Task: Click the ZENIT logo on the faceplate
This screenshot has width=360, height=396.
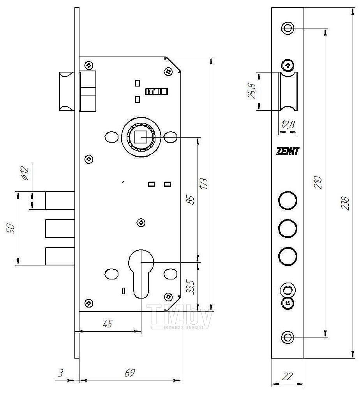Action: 287,151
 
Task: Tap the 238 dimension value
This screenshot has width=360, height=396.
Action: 345,203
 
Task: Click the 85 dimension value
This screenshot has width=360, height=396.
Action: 191,200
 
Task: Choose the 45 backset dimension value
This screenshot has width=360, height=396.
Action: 108,324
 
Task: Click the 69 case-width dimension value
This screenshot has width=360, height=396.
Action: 129,373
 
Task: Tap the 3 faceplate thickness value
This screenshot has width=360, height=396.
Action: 61,373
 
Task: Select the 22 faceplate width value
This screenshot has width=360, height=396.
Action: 287,377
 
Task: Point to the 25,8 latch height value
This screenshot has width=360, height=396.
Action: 252,91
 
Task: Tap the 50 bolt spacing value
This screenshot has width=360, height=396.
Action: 12,228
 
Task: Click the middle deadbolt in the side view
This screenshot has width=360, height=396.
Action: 60,228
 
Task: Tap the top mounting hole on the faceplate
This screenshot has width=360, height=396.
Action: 287,28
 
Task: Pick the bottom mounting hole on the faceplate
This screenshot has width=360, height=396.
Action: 287,337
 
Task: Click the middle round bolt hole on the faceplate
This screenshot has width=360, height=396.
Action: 288,228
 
